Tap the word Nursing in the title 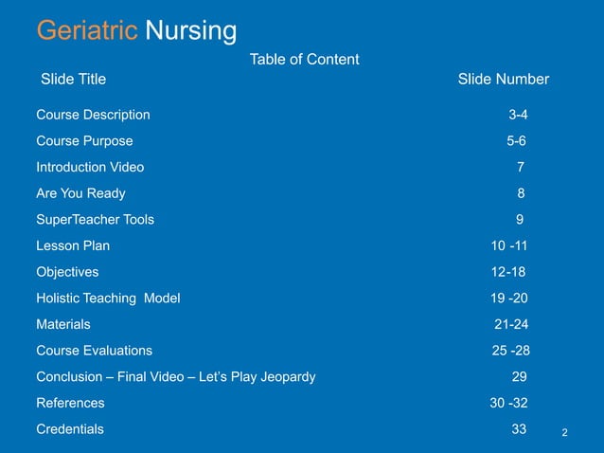pyautogui.click(x=190, y=31)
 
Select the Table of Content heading pyautogui.click(x=304, y=60)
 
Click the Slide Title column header pyautogui.click(x=73, y=80)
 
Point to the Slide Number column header pyautogui.click(x=503, y=80)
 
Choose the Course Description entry pyautogui.click(x=93, y=115)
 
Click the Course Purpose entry pyautogui.click(x=84, y=141)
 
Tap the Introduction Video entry pyautogui.click(x=90, y=167)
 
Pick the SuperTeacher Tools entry pyautogui.click(x=95, y=220)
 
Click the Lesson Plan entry pyautogui.click(x=73, y=245)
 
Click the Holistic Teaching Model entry pyautogui.click(x=108, y=298)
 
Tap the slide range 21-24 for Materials pyautogui.click(x=511, y=324)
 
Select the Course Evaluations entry pyautogui.click(x=94, y=351)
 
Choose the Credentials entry pyautogui.click(x=70, y=428)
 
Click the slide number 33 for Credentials pyautogui.click(x=519, y=428)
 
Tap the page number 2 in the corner pyautogui.click(x=564, y=433)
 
